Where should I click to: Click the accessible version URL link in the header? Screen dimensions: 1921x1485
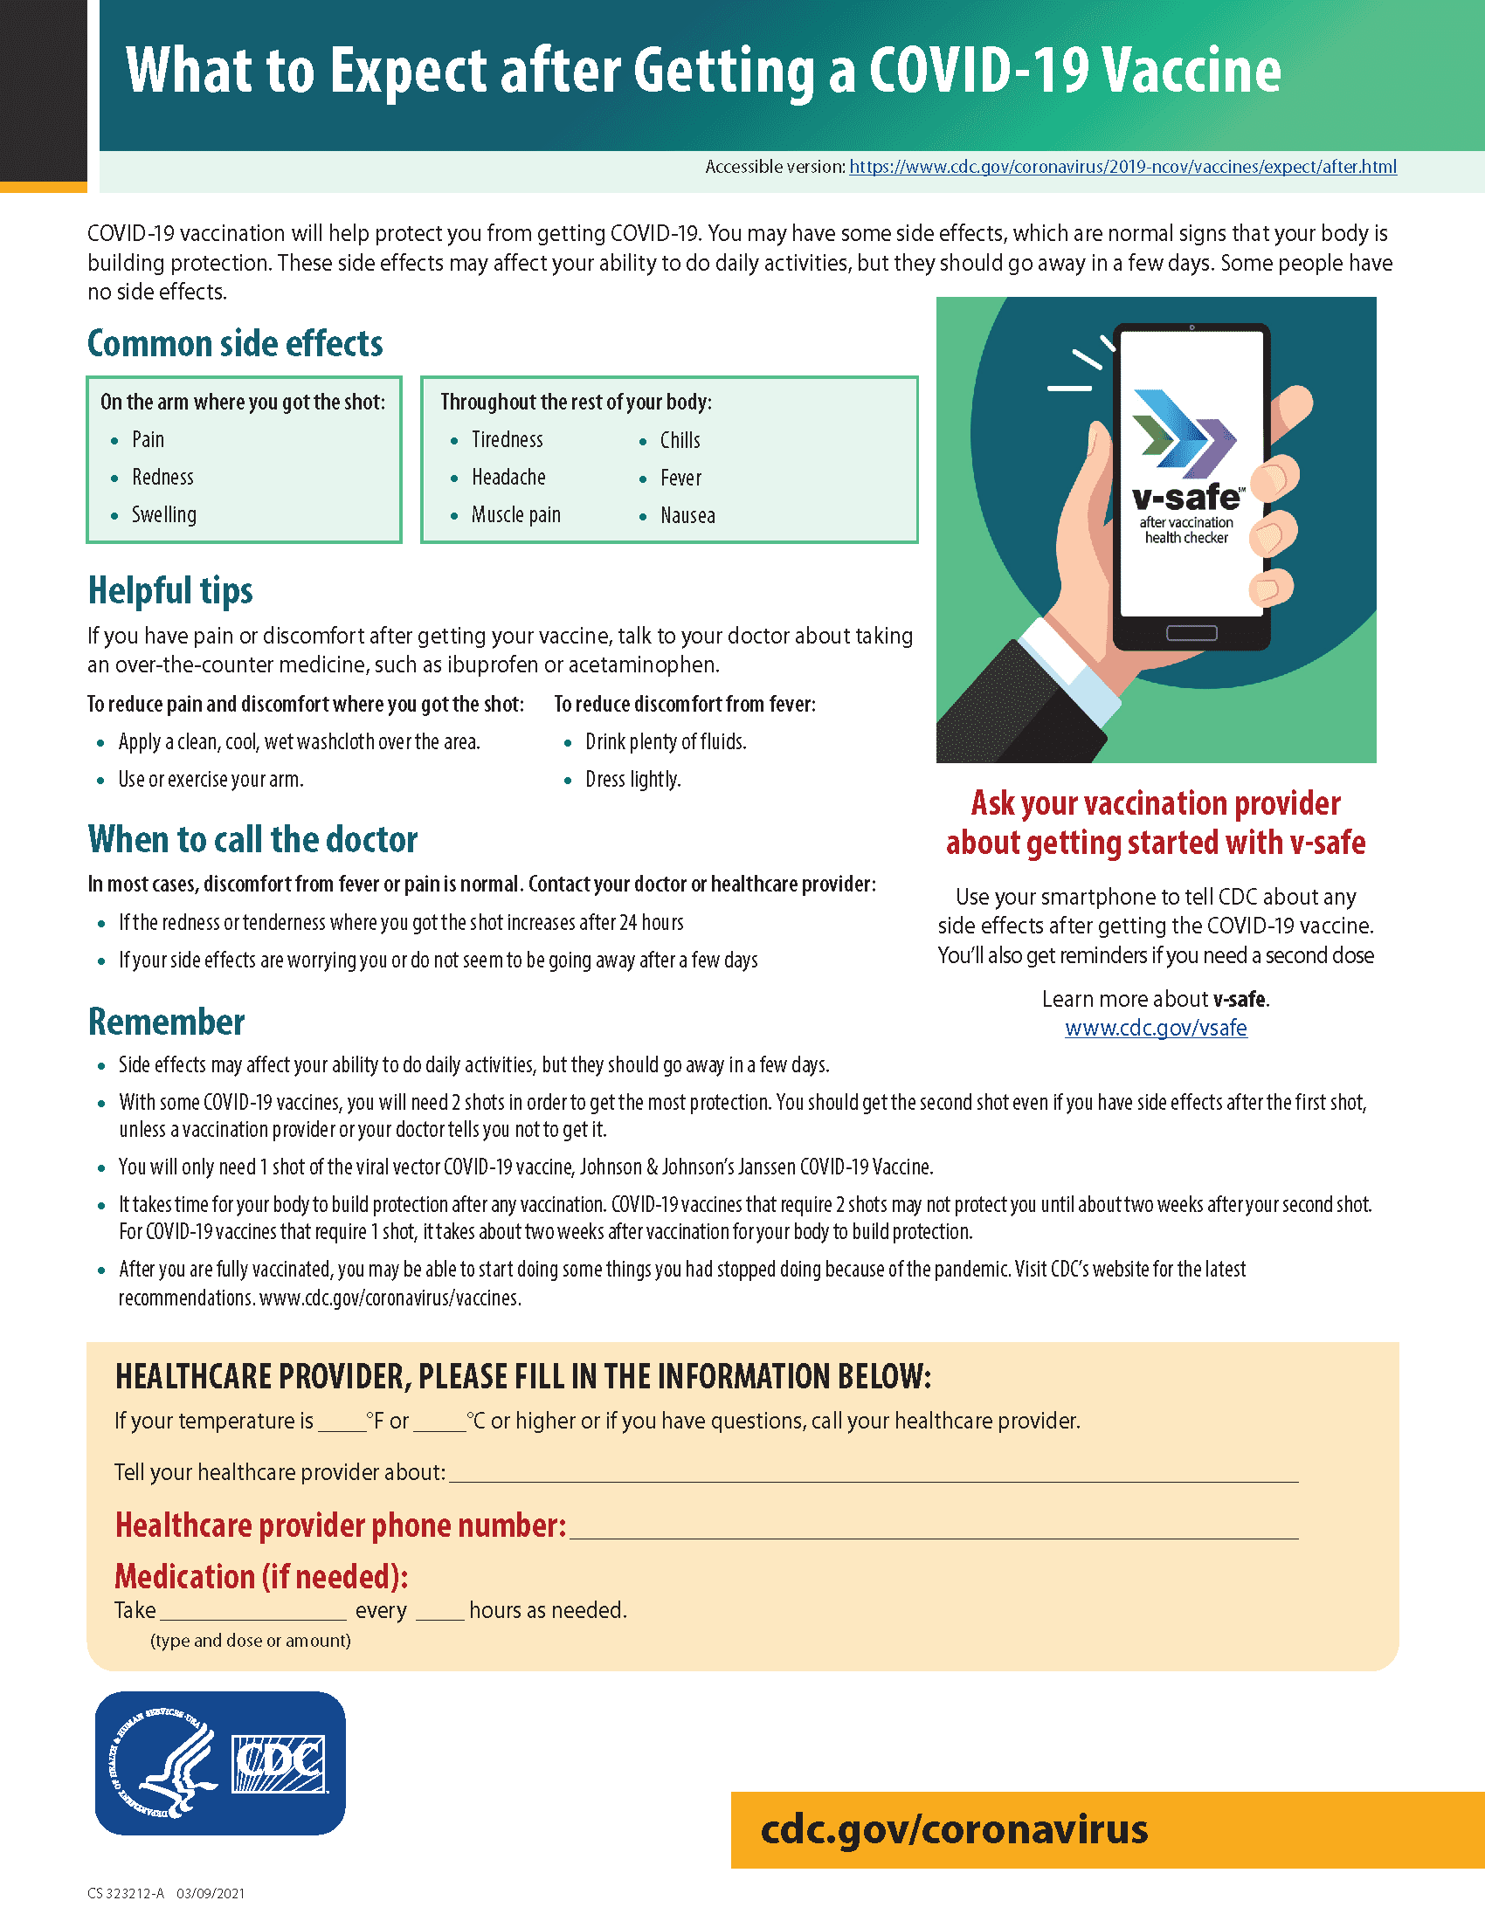[1122, 167]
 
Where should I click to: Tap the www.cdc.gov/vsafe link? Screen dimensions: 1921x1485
[1155, 1028]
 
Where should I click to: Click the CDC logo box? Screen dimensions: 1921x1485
[279, 1764]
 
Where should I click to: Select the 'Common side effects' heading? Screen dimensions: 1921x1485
[235, 344]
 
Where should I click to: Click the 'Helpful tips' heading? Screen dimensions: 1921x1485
[169, 591]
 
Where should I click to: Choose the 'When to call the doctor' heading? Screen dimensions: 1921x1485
[252, 840]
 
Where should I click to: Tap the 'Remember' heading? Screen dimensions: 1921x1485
[166, 1022]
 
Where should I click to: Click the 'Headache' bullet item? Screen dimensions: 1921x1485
[508, 478]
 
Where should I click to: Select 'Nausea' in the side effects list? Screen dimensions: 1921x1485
[687, 515]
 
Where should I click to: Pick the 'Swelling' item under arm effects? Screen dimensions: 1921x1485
[163, 515]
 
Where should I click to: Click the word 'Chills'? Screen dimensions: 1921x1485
[680, 440]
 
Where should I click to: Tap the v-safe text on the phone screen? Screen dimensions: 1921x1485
[1185, 498]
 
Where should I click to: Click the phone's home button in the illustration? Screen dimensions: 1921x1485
[1191, 633]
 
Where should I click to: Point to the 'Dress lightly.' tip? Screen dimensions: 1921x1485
[632, 780]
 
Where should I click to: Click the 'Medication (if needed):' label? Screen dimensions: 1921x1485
[261, 1577]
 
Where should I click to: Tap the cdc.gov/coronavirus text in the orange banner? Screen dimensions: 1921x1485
[954, 1829]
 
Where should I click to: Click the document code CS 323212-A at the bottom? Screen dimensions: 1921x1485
[127, 1893]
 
